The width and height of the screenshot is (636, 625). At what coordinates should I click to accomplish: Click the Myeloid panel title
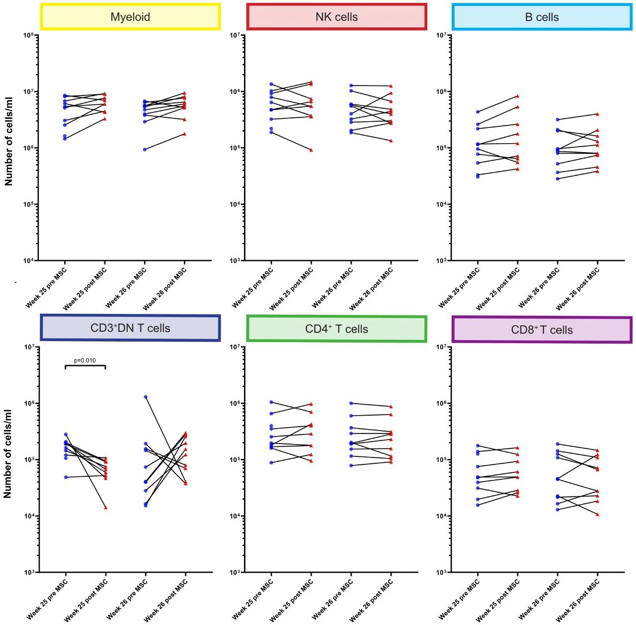click(x=130, y=17)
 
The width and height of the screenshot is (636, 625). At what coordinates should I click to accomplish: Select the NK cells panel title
click(x=336, y=17)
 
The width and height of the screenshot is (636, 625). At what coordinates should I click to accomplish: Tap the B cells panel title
click(x=542, y=17)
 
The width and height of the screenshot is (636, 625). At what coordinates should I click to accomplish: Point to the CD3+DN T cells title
click(x=130, y=328)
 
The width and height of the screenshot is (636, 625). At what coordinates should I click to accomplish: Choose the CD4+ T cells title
click(x=336, y=329)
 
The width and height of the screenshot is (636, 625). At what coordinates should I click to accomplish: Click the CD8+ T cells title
click(x=542, y=330)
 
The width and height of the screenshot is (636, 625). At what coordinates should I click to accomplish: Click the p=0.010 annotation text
click(x=85, y=360)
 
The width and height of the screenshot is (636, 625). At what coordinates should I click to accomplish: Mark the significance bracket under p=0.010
click(x=85, y=366)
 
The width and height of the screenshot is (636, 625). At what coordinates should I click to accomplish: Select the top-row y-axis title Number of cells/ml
click(x=8, y=141)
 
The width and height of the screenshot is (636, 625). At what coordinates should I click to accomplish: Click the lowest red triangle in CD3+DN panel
click(x=106, y=508)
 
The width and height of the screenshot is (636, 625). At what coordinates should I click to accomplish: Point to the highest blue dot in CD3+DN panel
click(x=145, y=397)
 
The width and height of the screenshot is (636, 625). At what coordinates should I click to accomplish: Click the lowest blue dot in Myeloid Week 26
click(x=145, y=150)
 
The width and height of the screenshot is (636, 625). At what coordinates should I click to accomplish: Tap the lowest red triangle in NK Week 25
click(x=312, y=150)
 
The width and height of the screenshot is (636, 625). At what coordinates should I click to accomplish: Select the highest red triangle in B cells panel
click(x=518, y=96)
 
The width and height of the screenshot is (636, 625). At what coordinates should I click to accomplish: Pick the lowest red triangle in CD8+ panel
click(x=598, y=514)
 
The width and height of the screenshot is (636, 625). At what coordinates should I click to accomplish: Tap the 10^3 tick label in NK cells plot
click(x=235, y=261)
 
